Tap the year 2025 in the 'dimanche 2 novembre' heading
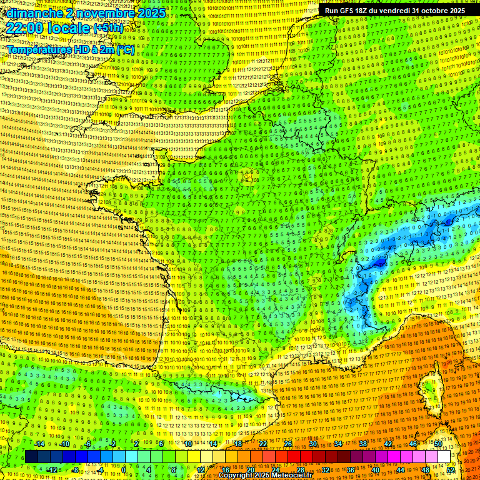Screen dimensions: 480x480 click(x=151, y=13)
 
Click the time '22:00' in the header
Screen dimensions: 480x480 click(x=26, y=29)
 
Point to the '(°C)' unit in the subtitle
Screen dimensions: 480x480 click(x=124, y=49)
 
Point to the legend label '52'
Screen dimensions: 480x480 click(x=451, y=469)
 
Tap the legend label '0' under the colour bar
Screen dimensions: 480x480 click(x=124, y=469)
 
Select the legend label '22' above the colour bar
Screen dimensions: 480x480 click(x=263, y=444)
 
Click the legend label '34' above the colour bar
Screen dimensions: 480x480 click(x=338, y=444)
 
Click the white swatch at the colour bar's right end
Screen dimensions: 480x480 click(x=444, y=457)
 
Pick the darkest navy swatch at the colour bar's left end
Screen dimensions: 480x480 click(x=31, y=457)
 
